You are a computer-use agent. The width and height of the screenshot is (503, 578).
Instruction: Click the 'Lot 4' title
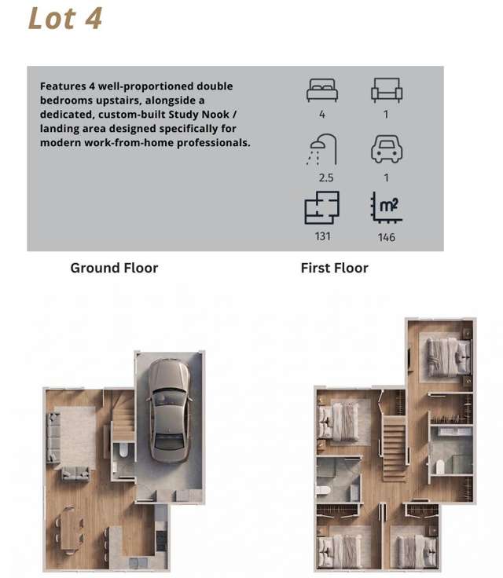point(65,18)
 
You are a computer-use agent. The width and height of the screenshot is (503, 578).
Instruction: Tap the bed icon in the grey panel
point(322,90)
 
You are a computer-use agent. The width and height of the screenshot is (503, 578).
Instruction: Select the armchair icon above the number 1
point(387,90)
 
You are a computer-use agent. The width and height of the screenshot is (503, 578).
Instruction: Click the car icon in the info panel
point(387,149)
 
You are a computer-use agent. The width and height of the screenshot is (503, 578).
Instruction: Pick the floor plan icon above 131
point(321,207)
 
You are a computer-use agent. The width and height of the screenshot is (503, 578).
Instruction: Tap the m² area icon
point(386,207)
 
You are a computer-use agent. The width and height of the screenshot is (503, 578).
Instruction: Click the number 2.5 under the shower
point(326,178)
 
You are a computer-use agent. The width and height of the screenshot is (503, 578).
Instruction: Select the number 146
point(387,237)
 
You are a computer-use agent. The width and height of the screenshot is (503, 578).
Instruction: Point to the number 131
point(322,236)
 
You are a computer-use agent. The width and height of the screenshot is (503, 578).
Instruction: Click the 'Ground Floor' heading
point(114,268)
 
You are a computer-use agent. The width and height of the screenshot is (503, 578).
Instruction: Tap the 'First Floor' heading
point(334,268)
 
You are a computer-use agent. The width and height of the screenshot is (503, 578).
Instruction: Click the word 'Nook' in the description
point(215,115)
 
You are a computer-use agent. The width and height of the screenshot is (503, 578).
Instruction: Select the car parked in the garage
point(169,410)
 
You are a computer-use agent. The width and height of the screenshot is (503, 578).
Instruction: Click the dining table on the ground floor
point(69,531)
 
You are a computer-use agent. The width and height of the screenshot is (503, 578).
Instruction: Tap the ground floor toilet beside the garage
point(123,450)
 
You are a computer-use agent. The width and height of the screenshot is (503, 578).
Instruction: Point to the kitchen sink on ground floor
point(134,562)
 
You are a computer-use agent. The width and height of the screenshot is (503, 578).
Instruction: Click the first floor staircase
point(394,448)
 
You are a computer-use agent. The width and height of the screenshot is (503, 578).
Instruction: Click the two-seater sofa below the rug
point(75,474)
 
